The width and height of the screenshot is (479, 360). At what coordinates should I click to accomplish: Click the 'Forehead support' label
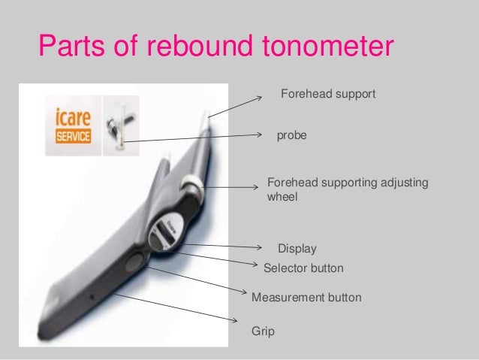coord(327,95)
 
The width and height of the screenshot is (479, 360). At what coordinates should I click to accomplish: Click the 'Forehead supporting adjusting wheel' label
coord(347,190)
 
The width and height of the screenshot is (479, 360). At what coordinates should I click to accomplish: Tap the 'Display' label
coord(297,249)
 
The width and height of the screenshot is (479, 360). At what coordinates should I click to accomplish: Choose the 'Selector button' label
coord(303,268)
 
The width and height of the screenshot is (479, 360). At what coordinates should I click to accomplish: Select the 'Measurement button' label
coord(306,298)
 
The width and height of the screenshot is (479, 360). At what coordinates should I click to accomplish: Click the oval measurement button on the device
coord(136,262)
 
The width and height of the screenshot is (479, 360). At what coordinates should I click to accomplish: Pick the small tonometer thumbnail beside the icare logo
coord(120,125)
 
